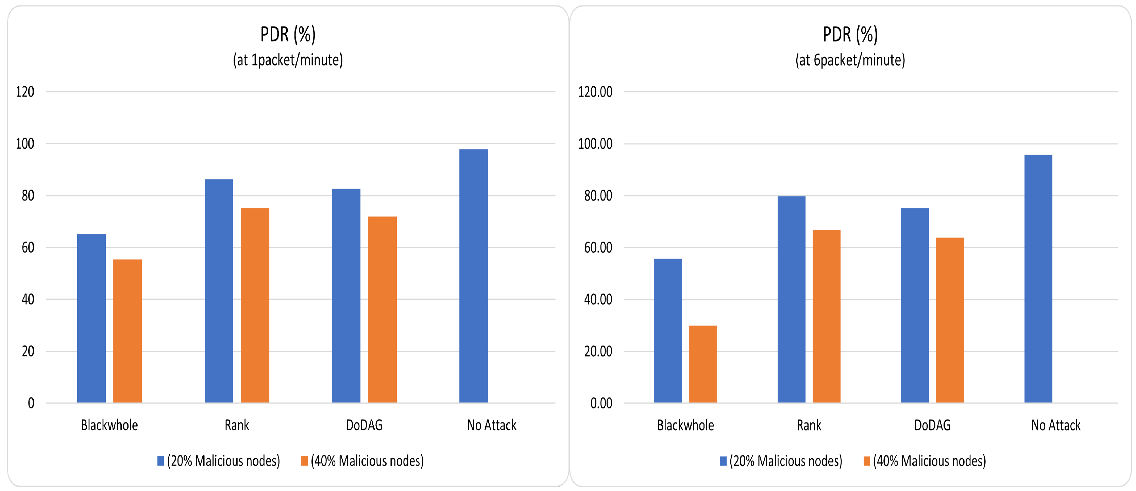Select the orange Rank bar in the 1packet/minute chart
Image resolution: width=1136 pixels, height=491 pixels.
(x=255, y=305)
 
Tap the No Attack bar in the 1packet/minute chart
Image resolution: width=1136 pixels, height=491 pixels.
(x=473, y=276)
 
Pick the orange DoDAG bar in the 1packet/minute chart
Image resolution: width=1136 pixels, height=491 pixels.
(x=382, y=310)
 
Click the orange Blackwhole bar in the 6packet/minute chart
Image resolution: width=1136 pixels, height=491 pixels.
(x=703, y=364)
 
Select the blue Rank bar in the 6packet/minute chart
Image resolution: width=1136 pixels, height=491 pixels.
(x=791, y=299)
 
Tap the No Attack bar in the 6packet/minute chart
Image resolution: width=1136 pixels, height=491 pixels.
(x=1038, y=279)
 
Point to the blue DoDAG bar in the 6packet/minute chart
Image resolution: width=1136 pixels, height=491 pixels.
(x=915, y=305)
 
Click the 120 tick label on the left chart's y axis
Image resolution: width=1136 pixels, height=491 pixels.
(x=25, y=92)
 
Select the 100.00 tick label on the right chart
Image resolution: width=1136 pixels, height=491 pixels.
(x=595, y=144)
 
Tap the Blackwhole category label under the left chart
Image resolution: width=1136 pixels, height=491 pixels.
(x=109, y=425)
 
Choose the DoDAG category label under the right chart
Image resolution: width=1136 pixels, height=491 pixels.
(x=932, y=425)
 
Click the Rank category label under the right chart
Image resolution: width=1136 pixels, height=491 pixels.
(x=809, y=425)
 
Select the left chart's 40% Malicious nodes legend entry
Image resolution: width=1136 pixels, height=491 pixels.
(x=362, y=461)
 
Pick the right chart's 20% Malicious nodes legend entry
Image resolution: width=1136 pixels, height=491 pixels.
(x=781, y=461)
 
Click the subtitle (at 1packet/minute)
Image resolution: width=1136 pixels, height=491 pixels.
(x=288, y=60)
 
